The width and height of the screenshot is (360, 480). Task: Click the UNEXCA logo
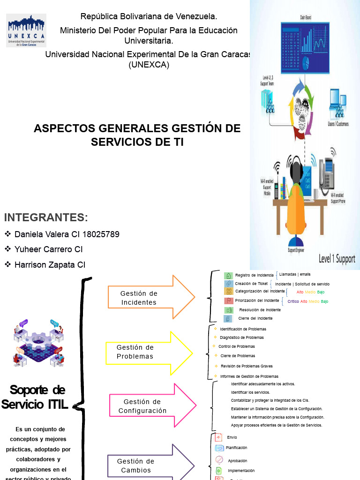pos(26,30)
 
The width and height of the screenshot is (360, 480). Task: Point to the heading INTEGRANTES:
pos(46,217)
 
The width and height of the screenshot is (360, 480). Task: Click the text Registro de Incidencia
pos(254,275)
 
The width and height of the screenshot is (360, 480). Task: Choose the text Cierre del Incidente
pos(255,318)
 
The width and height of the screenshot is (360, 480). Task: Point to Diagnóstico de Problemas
pos(241,337)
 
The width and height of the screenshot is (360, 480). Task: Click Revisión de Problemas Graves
pos(247,366)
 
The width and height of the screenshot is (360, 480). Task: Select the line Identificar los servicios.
pos(250,392)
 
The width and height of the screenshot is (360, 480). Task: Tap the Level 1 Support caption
pos(337,259)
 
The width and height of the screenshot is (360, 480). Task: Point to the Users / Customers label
pos(338,124)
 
